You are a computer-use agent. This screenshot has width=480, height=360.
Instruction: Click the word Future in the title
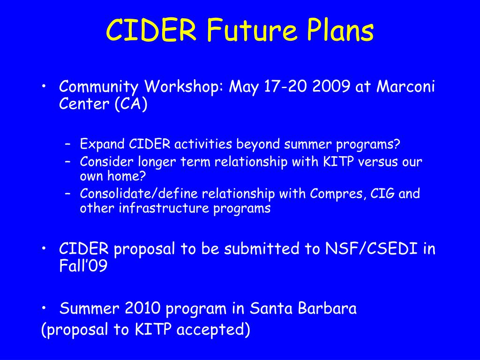coord(252,30)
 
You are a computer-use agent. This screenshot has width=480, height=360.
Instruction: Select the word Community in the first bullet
coord(98,87)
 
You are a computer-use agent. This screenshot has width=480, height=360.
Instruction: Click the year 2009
coord(331,87)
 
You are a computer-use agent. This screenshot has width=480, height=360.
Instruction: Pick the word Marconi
coord(405,86)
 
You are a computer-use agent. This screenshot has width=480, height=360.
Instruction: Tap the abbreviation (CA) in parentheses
coord(131,104)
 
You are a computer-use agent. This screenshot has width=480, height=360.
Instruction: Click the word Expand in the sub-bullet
coord(102,144)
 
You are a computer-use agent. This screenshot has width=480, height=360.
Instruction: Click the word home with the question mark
coord(127,176)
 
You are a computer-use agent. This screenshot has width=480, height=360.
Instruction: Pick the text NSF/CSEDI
coord(371,248)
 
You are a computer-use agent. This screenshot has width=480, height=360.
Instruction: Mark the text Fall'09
coord(83,265)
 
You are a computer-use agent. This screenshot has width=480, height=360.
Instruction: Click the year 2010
coord(142,308)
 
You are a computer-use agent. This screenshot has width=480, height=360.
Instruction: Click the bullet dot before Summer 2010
coord(44,307)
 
